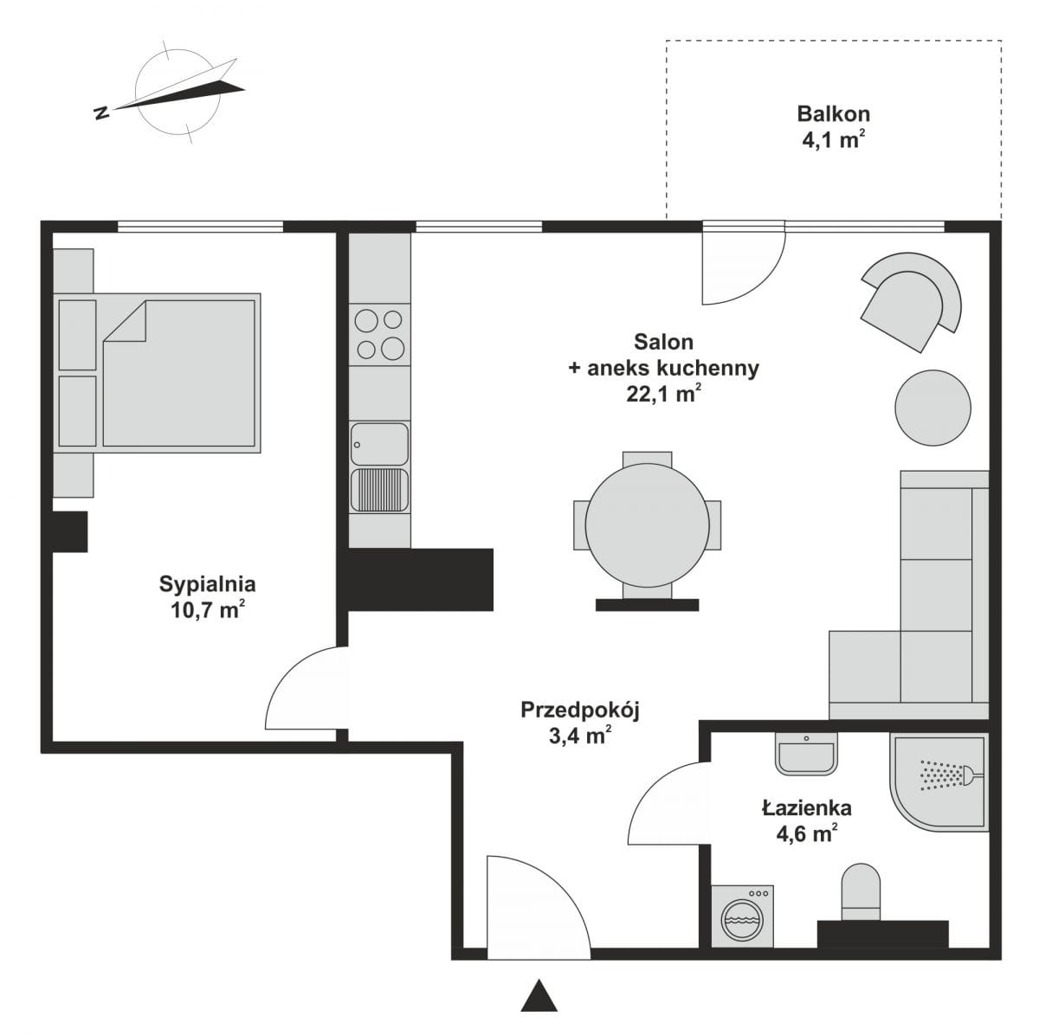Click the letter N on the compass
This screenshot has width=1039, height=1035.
(101, 112)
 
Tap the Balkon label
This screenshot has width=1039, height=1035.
(833, 114)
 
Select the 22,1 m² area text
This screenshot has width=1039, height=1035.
(663, 394)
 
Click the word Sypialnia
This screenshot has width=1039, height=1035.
(207, 585)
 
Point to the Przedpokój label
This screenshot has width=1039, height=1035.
(579, 710)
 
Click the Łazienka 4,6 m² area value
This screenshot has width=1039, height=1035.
(807, 834)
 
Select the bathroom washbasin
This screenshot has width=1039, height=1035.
(806, 754)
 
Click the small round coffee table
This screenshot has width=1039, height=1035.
(933, 408)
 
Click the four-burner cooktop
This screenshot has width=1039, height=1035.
(379, 335)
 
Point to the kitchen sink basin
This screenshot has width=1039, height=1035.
(379, 444)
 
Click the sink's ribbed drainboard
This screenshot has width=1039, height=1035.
(379, 490)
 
